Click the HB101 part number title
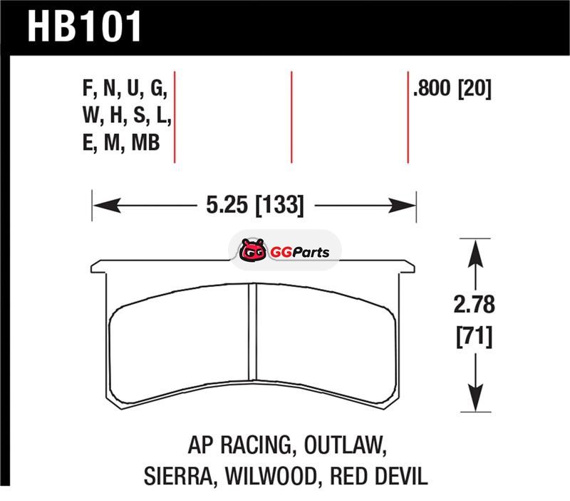pos(84,26)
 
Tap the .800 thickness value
pos(432,88)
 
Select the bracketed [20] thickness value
pos(475,88)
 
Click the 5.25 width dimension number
pos(227,205)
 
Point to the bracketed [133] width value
pos(279,205)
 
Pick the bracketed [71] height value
pos(475,336)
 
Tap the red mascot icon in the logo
pos(252,250)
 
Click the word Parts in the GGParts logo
pos(311,253)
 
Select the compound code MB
pos(145,143)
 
